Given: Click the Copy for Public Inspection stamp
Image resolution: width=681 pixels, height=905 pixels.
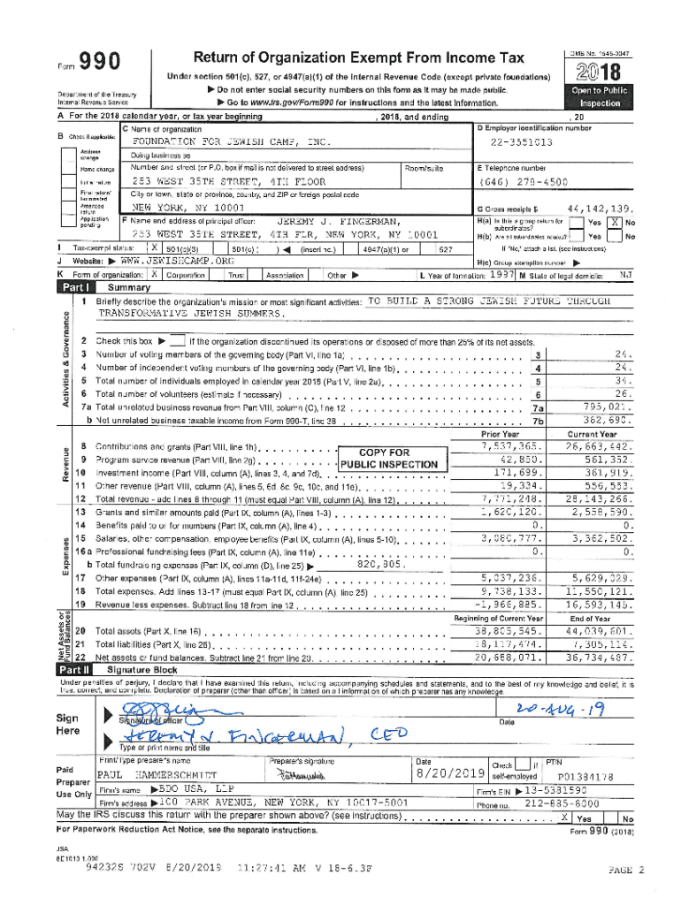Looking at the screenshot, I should pyautogui.click(x=389, y=459).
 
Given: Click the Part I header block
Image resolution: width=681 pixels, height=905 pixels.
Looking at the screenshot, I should pyautogui.click(x=75, y=287).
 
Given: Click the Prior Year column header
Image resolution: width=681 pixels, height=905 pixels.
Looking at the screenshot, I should pyautogui.click(x=500, y=434).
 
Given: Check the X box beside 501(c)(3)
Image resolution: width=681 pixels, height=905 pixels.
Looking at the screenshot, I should pyautogui.click(x=156, y=249).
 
